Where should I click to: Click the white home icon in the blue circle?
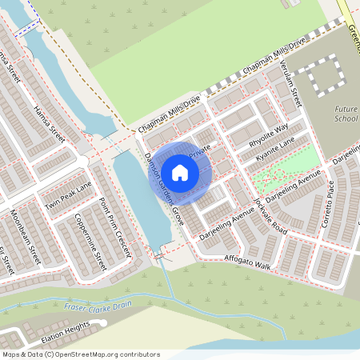coord(180,172)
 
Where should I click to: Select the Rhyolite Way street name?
coord(269,130)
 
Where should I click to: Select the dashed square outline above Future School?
coord(325,75)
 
